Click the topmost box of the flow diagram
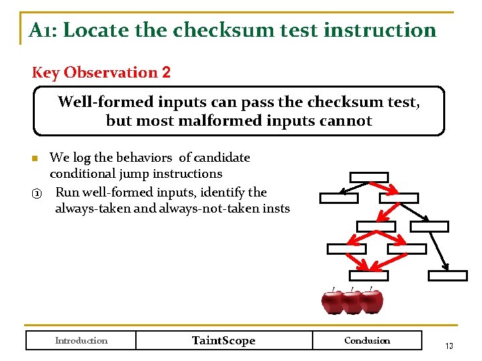point(369,177)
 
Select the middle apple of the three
point(352,302)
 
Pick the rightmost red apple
point(372,302)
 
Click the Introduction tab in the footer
point(81,340)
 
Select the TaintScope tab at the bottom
point(224,340)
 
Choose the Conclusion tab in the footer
point(367,340)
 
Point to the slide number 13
point(449,346)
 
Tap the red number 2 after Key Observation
point(165,72)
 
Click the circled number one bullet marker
point(37,193)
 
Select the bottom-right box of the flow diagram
point(447,275)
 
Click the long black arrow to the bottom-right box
point(439,251)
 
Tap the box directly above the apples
point(368,275)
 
